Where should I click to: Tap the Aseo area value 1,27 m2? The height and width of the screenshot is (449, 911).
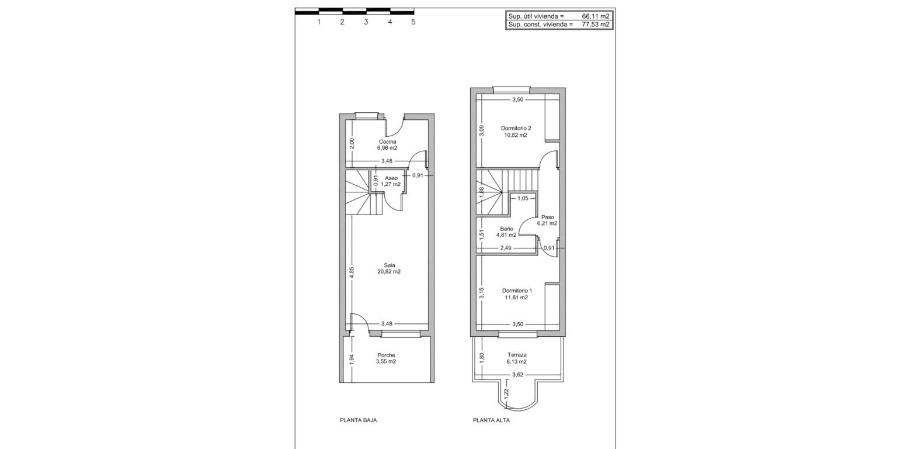pyautogui.click(x=391, y=184)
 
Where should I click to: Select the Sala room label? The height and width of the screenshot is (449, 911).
pyautogui.click(x=389, y=265)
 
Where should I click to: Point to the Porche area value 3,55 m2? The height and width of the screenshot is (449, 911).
pyautogui.click(x=386, y=361)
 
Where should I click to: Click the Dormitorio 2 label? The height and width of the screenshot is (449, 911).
pyautogui.click(x=516, y=128)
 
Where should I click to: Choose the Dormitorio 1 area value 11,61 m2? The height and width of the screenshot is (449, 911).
pyautogui.click(x=516, y=297)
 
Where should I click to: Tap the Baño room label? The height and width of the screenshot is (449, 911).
pyautogui.click(x=506, y=229)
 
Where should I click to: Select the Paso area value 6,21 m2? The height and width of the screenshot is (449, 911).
pyautogui.click(x=547, y=223)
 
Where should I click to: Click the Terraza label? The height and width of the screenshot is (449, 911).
pyautogui.click(x=517, y=355)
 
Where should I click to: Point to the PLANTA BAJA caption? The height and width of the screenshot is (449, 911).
pyautogui.click(x=358, y=420)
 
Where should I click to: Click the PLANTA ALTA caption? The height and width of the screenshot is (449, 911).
pyautogui.click(x=491, y=420)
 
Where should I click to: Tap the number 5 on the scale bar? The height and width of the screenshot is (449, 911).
pyautogui.click(x=413, y=22)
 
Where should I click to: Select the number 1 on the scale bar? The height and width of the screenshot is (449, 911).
pyautogui.click(x=319, y=22)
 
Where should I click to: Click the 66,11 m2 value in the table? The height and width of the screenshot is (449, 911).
pyautogui.click(x=596, y=16)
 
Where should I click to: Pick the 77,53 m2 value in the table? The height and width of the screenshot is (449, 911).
pyautogui.click(x=596, y=25)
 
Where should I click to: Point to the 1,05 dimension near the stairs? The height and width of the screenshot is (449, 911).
pyautogui.click(x=523, y=198)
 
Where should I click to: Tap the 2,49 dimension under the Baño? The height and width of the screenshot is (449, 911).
pyautogui.click(x=506, y=248)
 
